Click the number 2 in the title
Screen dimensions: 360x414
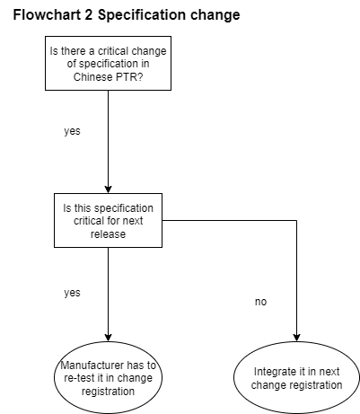(88, 14)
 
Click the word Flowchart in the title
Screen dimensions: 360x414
(47, 14)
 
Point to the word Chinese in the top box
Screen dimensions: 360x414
(92, 77)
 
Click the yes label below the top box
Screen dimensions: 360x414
(72, 131)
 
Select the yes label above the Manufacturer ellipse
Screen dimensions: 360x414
(72, 293)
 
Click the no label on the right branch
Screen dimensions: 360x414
(260, 302)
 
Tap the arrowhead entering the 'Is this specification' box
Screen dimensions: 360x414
(108, 189)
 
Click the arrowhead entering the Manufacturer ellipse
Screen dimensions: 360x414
(108, 338)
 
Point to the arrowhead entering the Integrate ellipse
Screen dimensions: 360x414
(296, 338)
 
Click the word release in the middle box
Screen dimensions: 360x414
(108, 234)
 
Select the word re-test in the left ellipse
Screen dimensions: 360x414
(79, 378)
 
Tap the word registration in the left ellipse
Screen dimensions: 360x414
(108, 392)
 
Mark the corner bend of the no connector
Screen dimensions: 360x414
(296, 221)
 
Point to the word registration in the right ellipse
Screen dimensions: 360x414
(315, 385)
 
